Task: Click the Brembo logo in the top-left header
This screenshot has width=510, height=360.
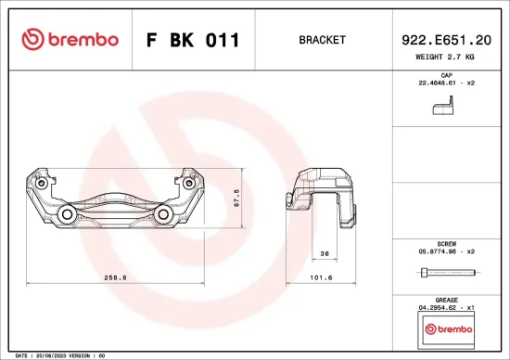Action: coord(70,40)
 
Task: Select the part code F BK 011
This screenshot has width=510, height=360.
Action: coord(193,40)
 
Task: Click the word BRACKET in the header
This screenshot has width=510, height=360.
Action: coord(322,40)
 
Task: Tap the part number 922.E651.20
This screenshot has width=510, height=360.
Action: coord(445,40)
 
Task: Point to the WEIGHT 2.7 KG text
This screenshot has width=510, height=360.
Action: coord(445,58)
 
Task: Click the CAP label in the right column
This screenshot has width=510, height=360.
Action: coord(445,74)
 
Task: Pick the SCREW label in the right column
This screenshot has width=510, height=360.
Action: coord(445,241)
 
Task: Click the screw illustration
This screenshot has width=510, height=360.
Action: coord(445,272)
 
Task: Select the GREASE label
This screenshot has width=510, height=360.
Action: coord(445,299)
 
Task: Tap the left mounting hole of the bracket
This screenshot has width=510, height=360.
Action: coord(68,216)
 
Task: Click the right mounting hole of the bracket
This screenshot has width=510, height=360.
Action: coord(163,216)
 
